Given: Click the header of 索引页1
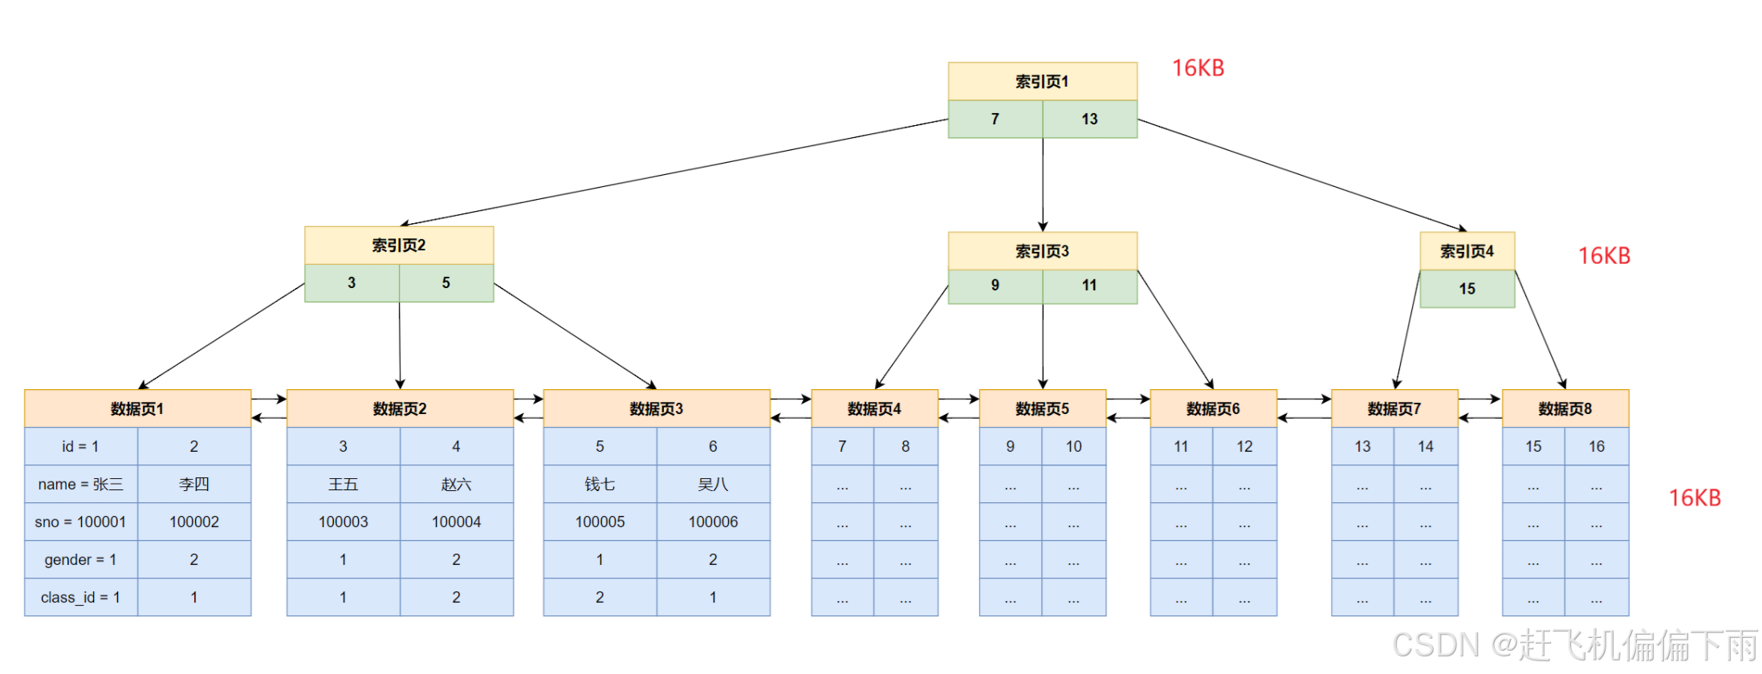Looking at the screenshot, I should [x=1042, y=81].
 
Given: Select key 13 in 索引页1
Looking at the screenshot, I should [x=1089, y=119].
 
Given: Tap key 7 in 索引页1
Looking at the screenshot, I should [x=995, y=119].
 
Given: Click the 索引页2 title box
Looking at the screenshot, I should [x=398, y=245].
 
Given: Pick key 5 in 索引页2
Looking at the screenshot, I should [x=446, y=282].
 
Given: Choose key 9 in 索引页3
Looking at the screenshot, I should [x=995, y=286].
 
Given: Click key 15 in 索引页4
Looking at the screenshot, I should [x=1467, y=289].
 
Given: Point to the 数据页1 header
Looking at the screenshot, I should [x=137, y=408].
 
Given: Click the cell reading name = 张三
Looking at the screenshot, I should [x=80, y=484].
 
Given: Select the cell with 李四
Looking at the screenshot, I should [x=193, y=484].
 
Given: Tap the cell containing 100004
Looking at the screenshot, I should [x=456, y=522].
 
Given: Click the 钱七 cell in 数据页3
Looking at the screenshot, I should [x=600, y=484].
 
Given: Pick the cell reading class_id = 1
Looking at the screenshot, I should [x=80, y=597].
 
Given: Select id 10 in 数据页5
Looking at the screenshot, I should [x=1073, y=446].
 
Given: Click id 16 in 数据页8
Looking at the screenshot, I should [x=1596, y=446].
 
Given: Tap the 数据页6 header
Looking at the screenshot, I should [x=1213, y=408].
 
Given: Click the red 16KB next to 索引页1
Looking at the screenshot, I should [x=1198, y=68].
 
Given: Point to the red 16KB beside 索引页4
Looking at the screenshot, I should [x=1604, y=256].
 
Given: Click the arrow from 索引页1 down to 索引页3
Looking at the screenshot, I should [x=1043, y=185].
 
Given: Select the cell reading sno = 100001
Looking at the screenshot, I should [x=80, y=522].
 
